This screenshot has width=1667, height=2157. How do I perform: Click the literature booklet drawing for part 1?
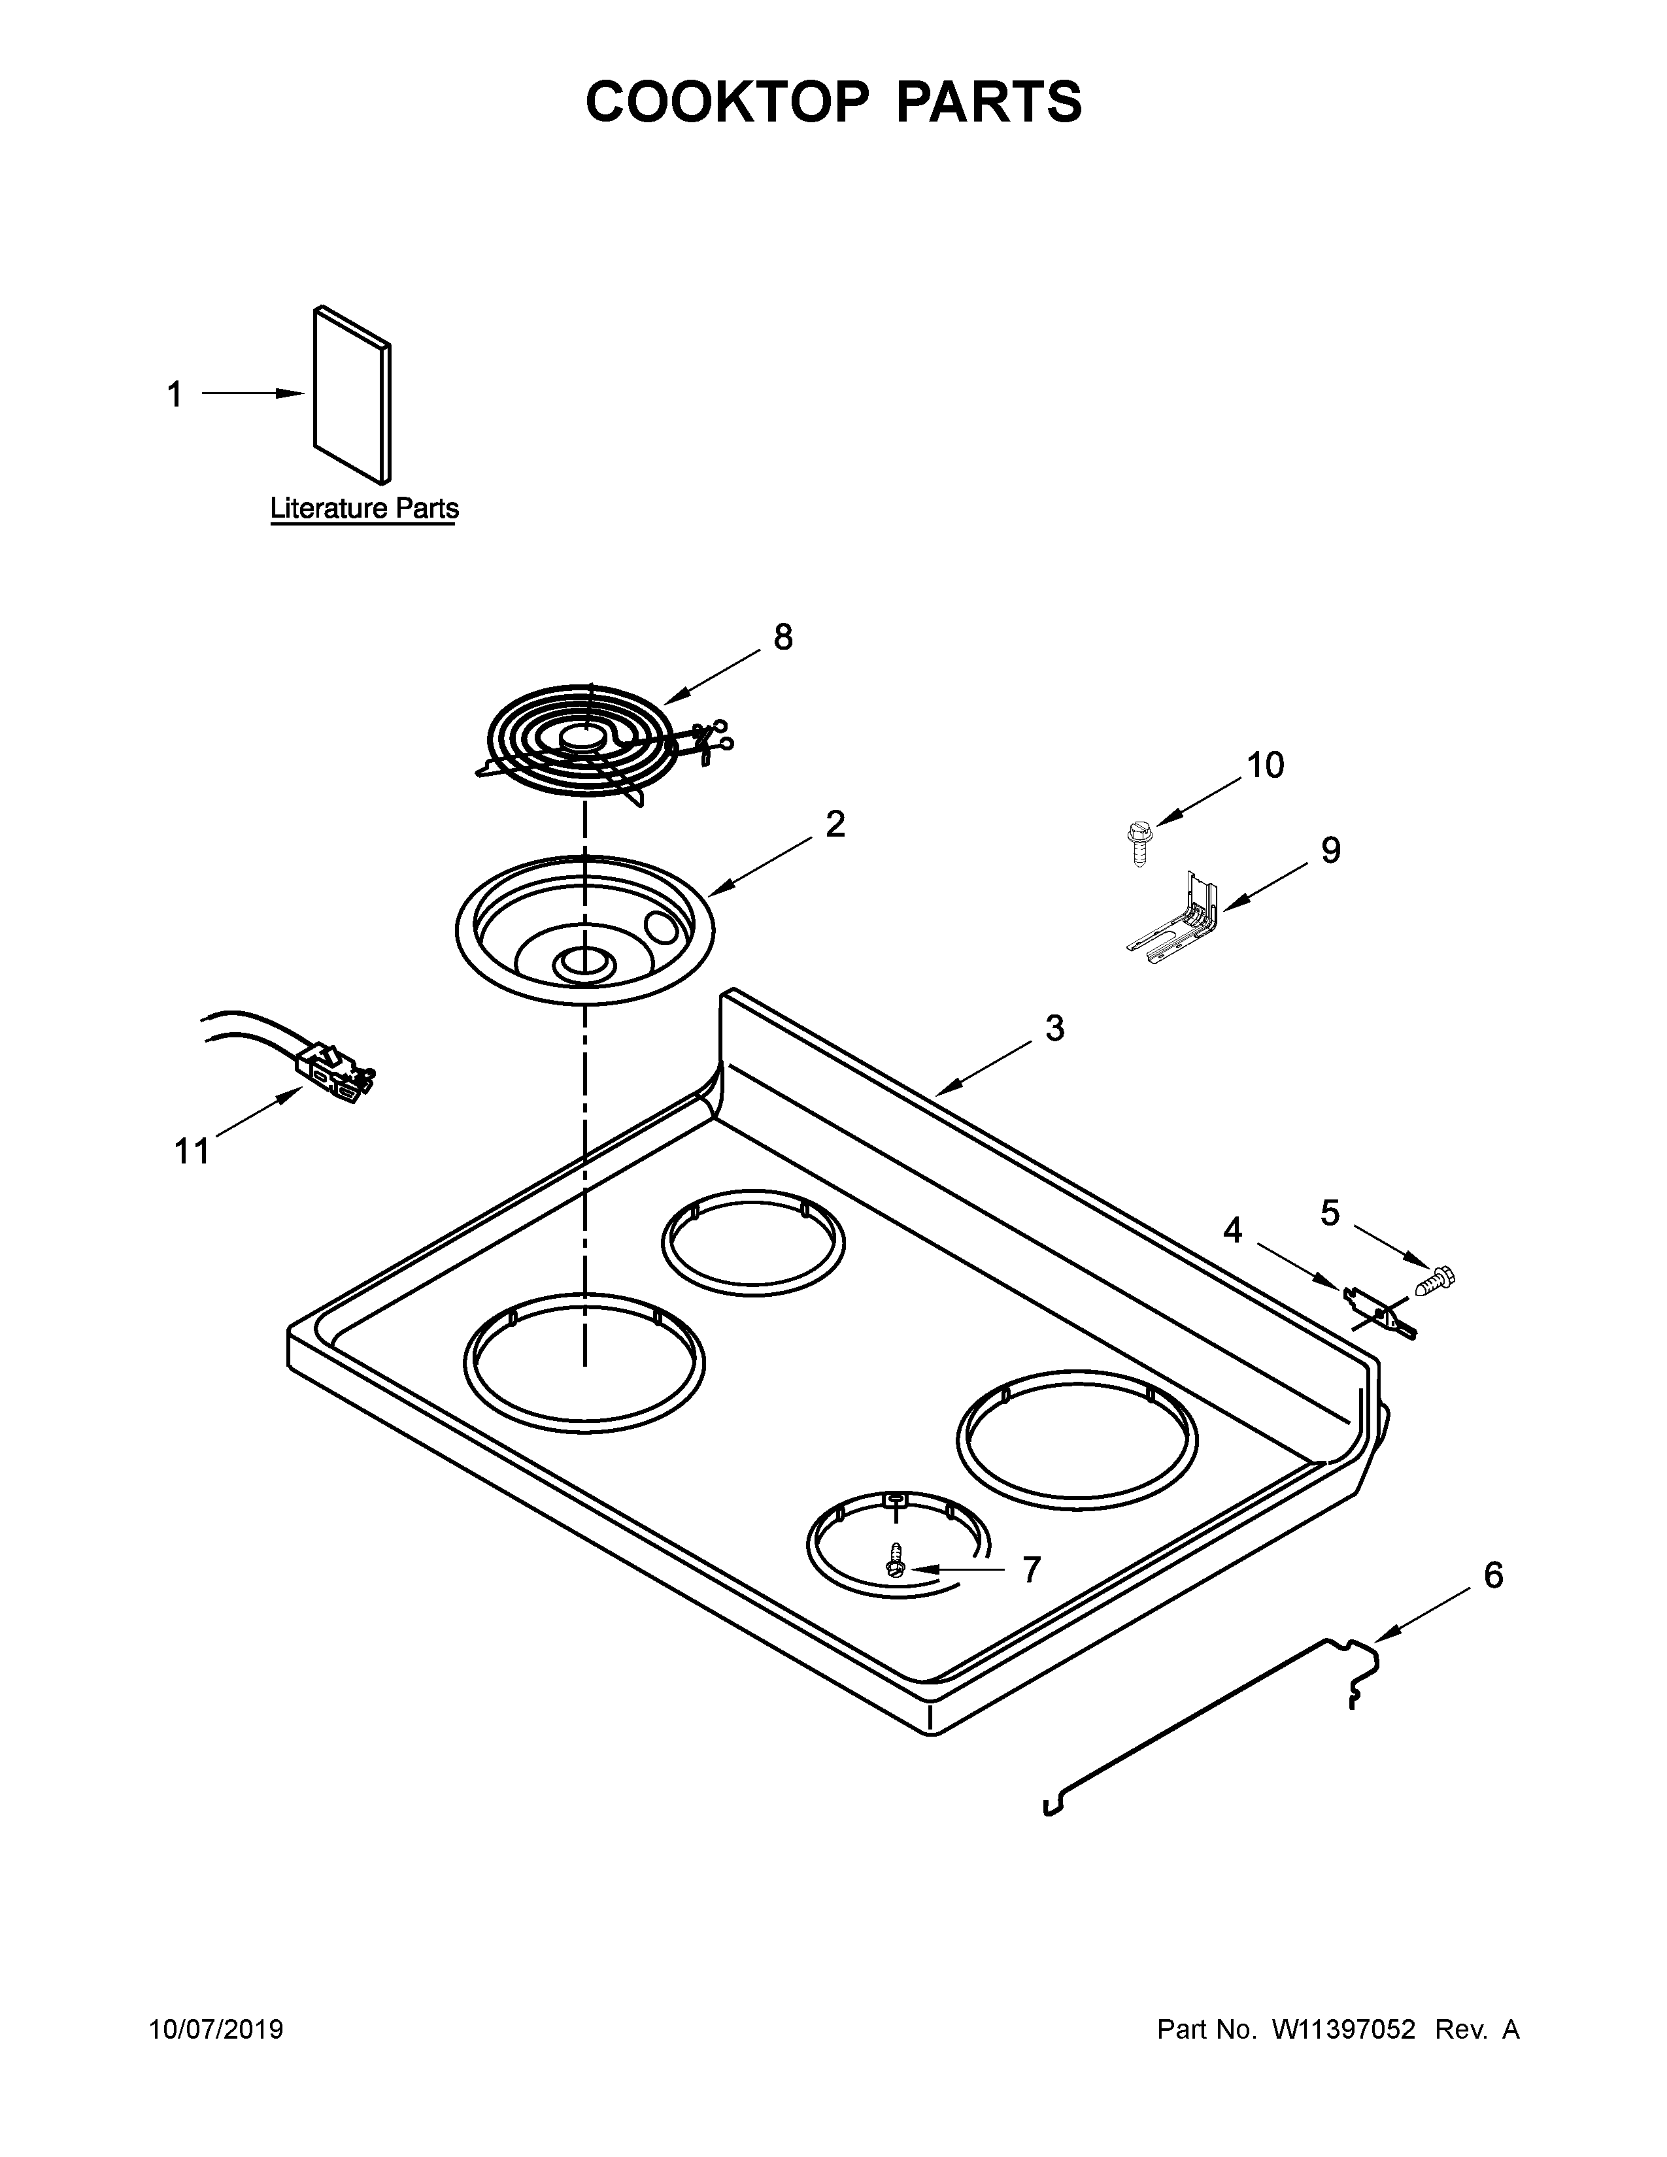coord(352,395)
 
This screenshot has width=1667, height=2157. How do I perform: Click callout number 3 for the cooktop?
coord(1054,1028)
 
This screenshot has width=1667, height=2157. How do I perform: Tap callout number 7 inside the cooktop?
coord(1031,1569)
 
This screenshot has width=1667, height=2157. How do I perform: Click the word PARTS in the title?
coord(988,102)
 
